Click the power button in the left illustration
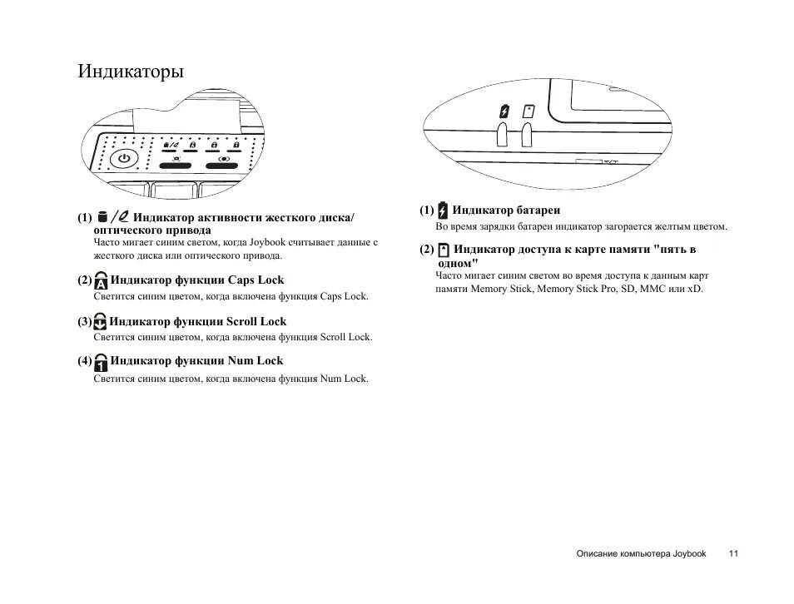point(124,158)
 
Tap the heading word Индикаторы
point(131,72)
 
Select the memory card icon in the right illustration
point(527,111)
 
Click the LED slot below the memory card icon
point(527,136)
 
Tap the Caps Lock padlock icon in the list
point(101,280)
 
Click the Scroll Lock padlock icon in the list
point(100,322)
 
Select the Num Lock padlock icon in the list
point(101,362)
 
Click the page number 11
point(733,553)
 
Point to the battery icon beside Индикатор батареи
point(442,210)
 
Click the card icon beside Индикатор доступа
point(443,250)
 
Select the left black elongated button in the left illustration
point(176,166)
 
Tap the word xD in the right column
point(695,289)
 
